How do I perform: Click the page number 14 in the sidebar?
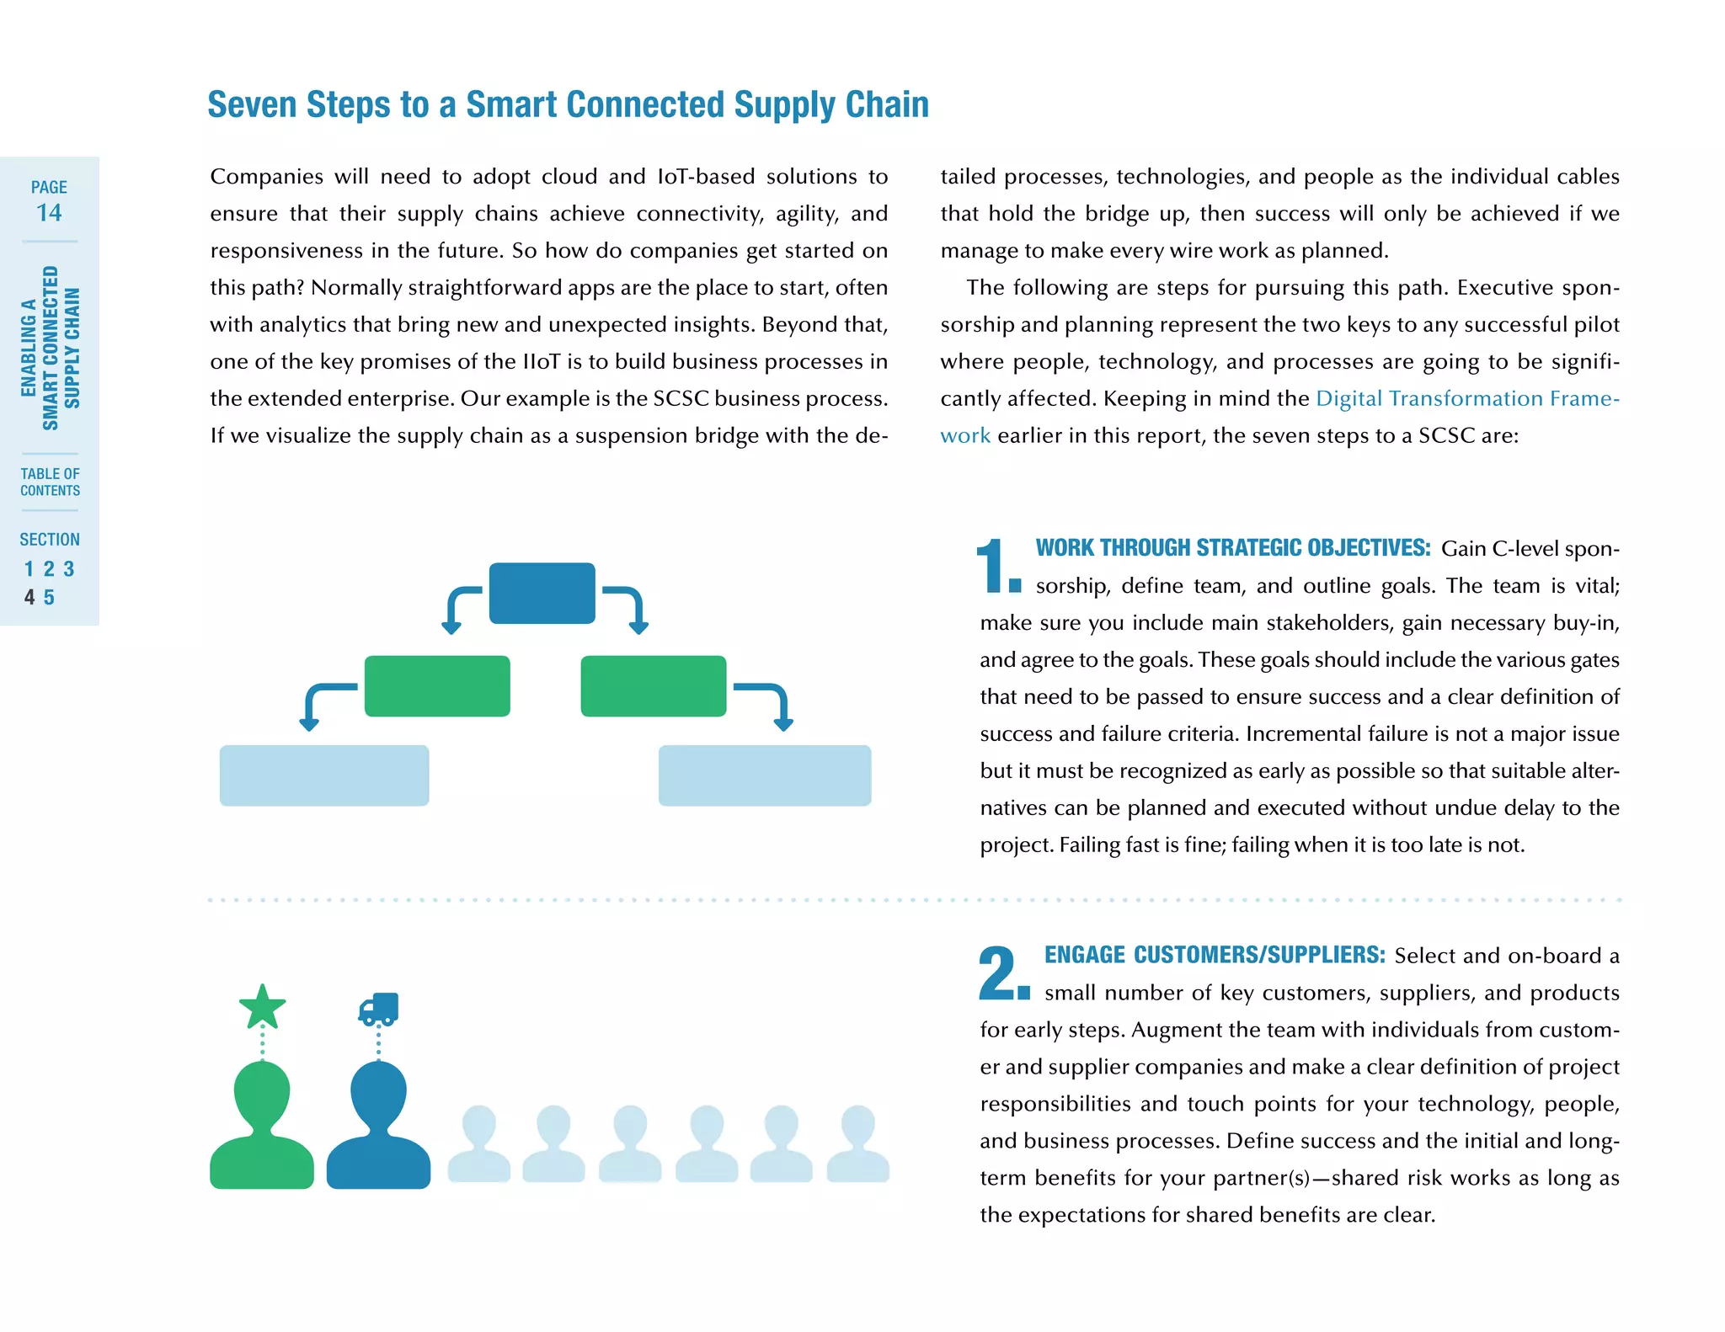(x=49, y=212)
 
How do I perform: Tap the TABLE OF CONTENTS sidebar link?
(x=50, y=482)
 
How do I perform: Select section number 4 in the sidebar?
(x=29, y=597)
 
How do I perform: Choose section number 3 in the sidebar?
(x=69, y=569)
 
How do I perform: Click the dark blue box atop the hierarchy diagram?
(x=542, y=593)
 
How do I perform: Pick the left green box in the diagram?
(x=437, y=686)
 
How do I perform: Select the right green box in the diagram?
(x=654, y=686)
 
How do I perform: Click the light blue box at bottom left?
(x=324, y=775)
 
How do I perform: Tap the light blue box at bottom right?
(x=765, y=775)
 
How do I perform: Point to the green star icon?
(x=262, y=1007)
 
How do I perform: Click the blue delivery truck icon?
(x=378, y=1009)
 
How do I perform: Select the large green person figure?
(x=262, y=1128)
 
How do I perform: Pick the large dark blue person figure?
(x=378, y=1128)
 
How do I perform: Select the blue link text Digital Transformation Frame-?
(x=1467, y=398)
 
